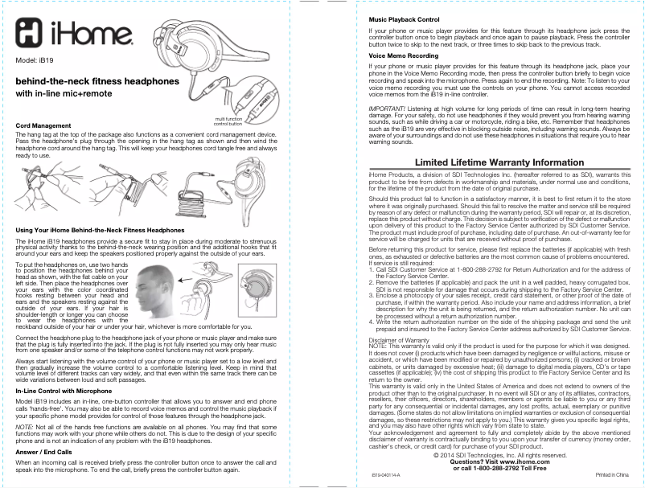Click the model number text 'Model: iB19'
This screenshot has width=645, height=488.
coord(35,61)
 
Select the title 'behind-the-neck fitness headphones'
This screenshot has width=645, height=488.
coord(97,82)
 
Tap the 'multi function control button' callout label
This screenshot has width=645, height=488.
coord(228,122)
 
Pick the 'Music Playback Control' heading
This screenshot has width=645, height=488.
coord(403,18)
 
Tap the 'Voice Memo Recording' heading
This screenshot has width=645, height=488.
coord(403,55)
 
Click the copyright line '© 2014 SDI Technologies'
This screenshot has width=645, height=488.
coord(494,455)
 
